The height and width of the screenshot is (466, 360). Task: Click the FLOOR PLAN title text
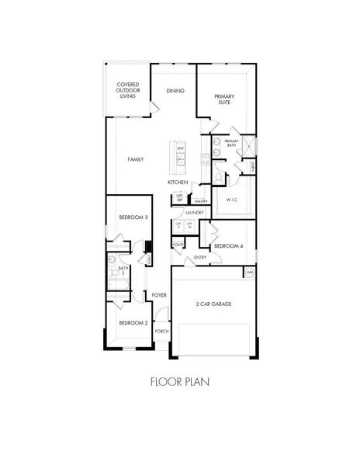coord(179,381)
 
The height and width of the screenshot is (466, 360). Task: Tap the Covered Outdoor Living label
coord(127,90)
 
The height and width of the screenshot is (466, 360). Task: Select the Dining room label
coord(175,91)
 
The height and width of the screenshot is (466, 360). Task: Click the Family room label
coord(136,159)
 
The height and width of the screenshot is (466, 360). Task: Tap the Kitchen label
coord(178,182)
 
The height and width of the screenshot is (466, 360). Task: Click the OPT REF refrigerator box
coord(179,197)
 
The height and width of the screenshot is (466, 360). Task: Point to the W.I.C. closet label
coord(231,200)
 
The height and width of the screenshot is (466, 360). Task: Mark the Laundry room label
coord(194,212)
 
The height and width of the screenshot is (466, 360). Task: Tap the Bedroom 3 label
coord(133,217)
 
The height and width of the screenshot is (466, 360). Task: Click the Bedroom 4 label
coord(229,246)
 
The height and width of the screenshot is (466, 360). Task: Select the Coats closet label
coord(178,245)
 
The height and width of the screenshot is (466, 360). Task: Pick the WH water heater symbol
coord(250,273)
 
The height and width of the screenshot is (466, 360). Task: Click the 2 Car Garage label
coord(213,304)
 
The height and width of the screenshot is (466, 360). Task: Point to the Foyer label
coord(160,295)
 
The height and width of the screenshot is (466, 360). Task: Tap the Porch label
coord(161,331)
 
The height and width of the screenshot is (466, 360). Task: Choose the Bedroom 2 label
coord(133,322)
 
